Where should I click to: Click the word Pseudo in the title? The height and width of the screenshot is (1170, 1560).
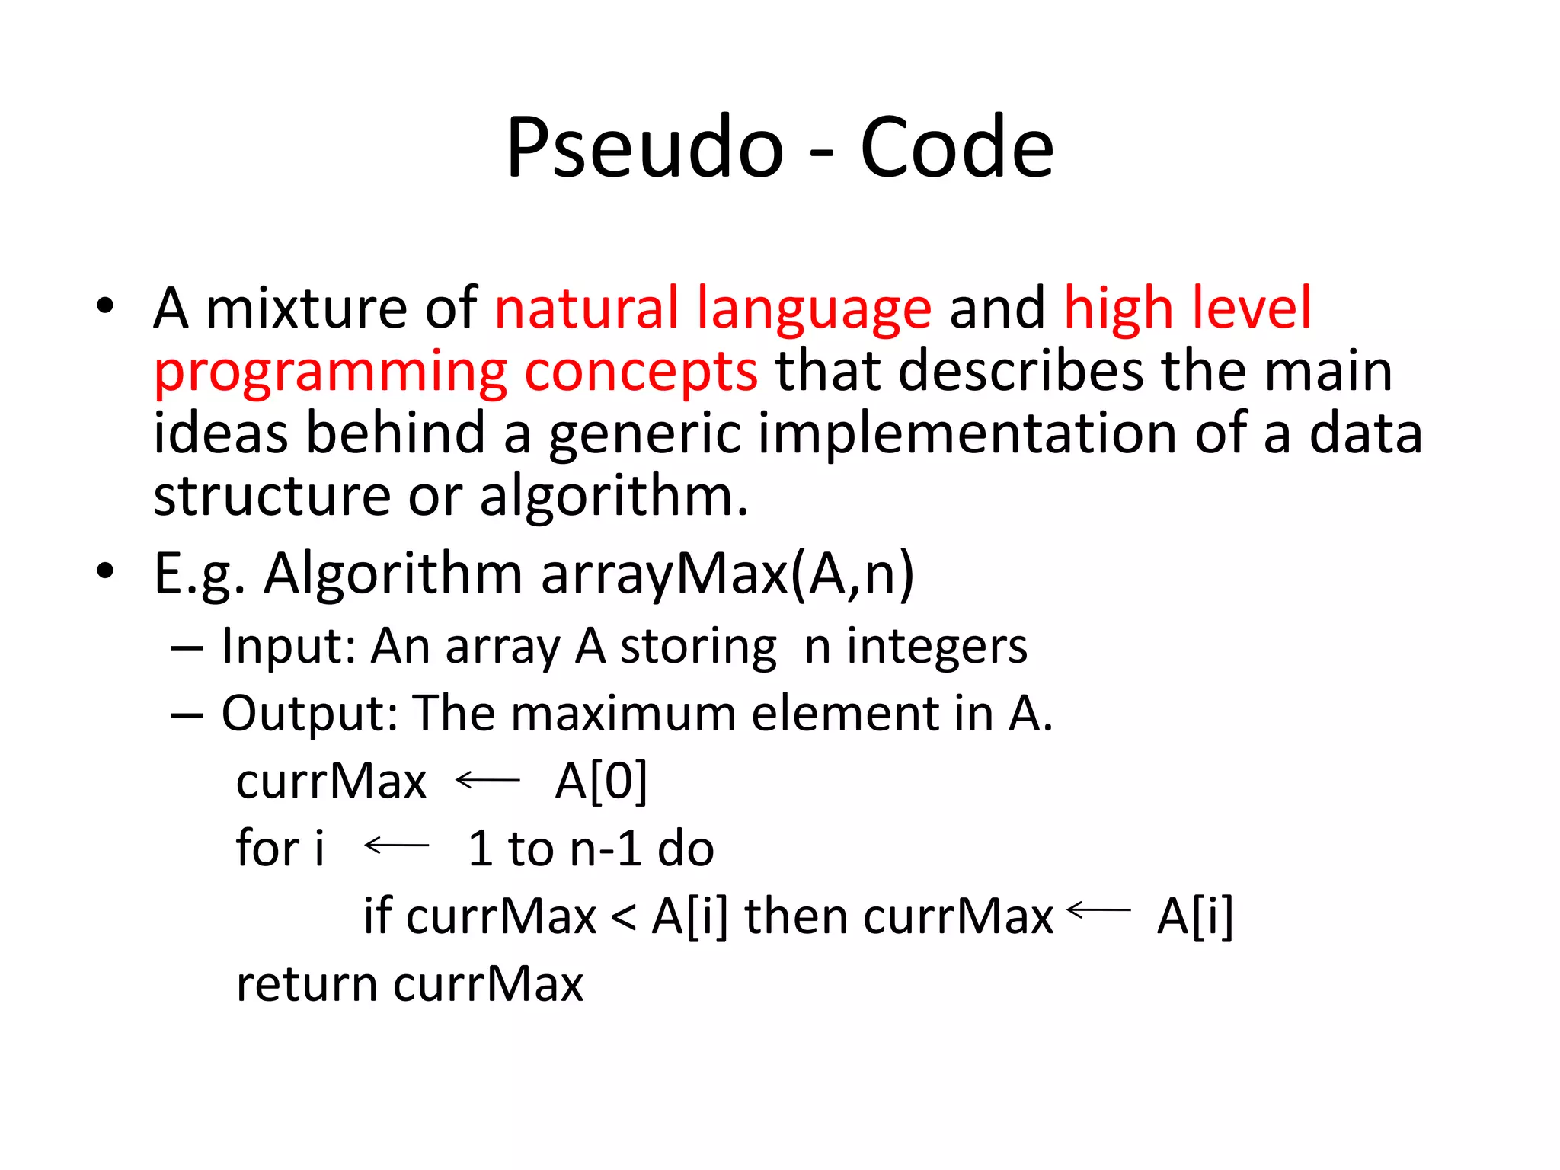644,149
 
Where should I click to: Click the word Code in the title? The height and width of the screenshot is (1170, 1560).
957,149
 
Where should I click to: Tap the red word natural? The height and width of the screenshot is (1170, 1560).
586,308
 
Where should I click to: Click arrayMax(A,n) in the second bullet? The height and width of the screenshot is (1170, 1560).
727,574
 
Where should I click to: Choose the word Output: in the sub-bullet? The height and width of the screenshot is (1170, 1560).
309,714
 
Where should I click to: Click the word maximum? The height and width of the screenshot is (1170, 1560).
622,714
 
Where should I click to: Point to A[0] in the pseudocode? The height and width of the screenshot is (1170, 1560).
601,782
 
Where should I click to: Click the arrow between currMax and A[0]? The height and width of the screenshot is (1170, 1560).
487,780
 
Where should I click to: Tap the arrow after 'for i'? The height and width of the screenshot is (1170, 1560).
397,846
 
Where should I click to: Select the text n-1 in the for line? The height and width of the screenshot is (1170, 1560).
606,849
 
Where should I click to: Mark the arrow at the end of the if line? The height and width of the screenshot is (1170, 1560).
1099,909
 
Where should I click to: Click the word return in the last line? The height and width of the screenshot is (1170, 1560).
307,984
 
